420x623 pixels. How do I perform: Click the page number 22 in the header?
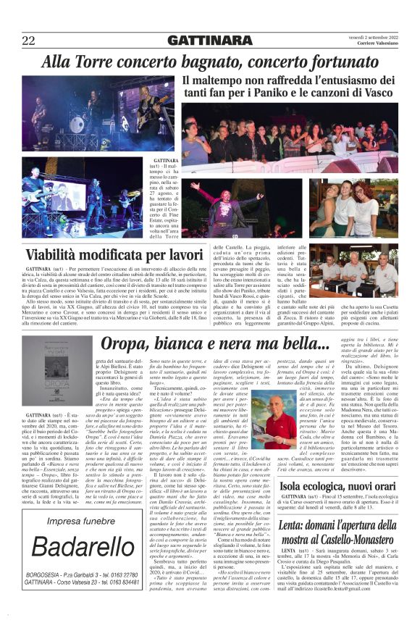coord(29,39)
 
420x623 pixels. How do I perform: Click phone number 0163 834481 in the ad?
coord(134,582)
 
